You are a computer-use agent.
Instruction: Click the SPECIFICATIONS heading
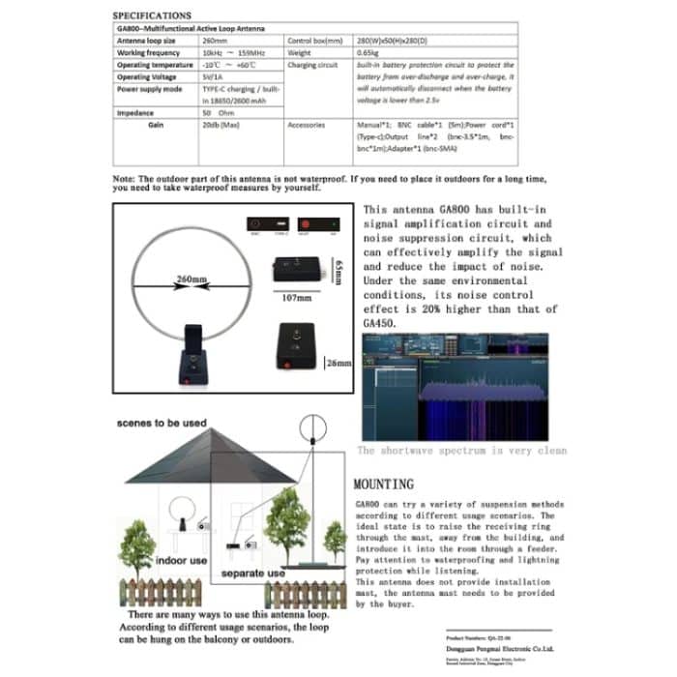click(152, 16)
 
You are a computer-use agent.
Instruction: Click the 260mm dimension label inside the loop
click(191, 280)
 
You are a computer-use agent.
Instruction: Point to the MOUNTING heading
click(383, 483)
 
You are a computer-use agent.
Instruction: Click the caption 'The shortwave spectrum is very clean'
click(460, 450)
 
